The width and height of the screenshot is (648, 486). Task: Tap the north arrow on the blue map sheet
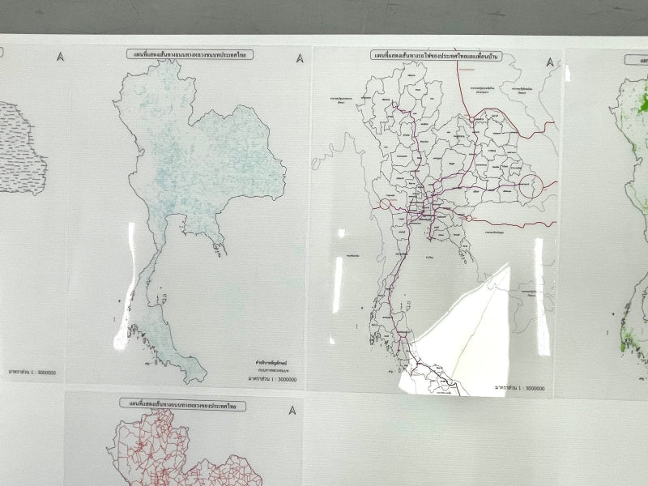(x=301, y=58)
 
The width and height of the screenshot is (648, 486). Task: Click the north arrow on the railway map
(x=550, y=62)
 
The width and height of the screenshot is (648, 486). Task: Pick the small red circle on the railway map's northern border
(x=471, y=119)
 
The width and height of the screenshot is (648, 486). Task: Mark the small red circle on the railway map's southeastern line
(x=468, y=218)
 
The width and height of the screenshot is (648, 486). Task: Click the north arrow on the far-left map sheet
(x=60, y=56)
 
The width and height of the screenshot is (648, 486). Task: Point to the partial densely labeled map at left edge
(x=23, y=146)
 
